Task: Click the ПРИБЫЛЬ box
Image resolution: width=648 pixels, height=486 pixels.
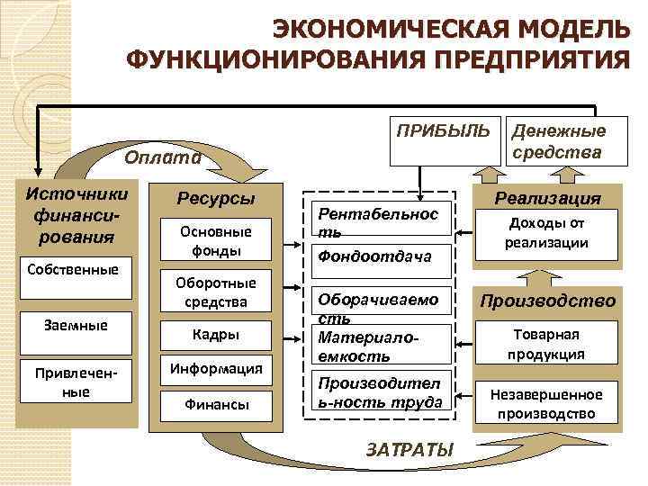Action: coord(438,140)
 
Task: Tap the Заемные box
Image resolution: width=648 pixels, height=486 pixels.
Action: coord(76,327)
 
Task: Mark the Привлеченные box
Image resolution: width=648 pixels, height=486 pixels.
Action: coord(76,382)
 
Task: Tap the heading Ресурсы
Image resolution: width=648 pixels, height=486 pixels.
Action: coord(215,198)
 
